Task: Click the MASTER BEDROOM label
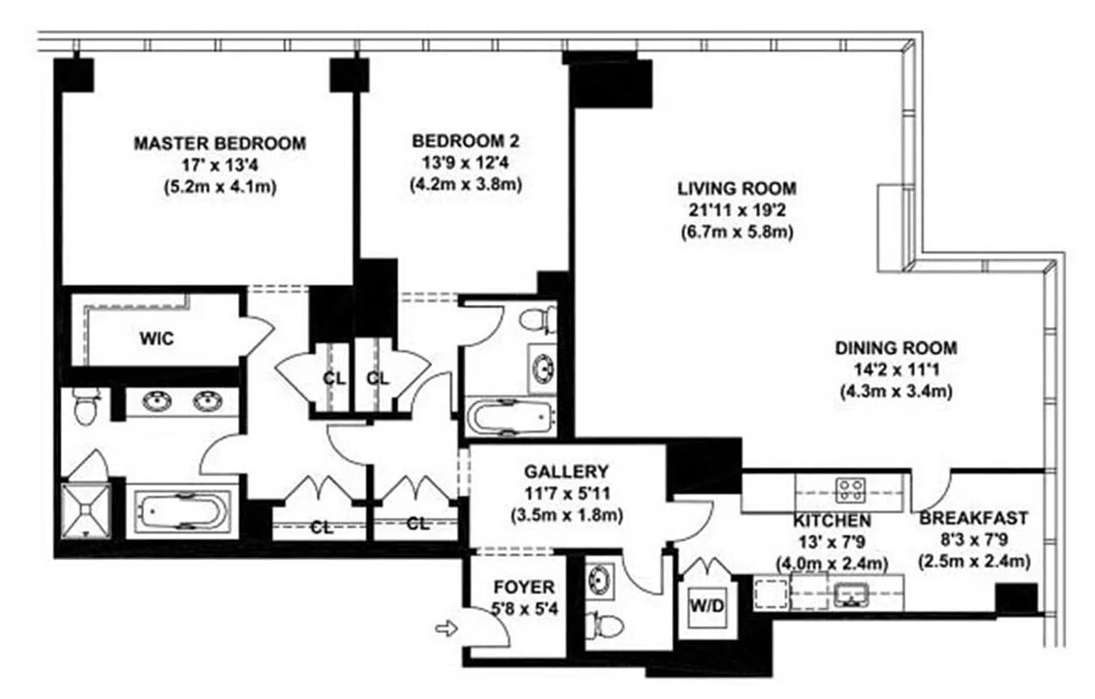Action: coord(219,143)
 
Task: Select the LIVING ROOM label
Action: coord(737,189)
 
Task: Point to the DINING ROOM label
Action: coord(896,347)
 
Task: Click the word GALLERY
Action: coord(565,472)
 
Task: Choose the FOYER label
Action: coord(523,587)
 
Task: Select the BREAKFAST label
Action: coord(974,518)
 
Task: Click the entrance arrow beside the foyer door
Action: coord(446,628)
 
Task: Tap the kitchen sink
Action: coord(849,595)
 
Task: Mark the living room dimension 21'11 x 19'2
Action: coord(737,211)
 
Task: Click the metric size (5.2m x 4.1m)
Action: coord(219,187)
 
